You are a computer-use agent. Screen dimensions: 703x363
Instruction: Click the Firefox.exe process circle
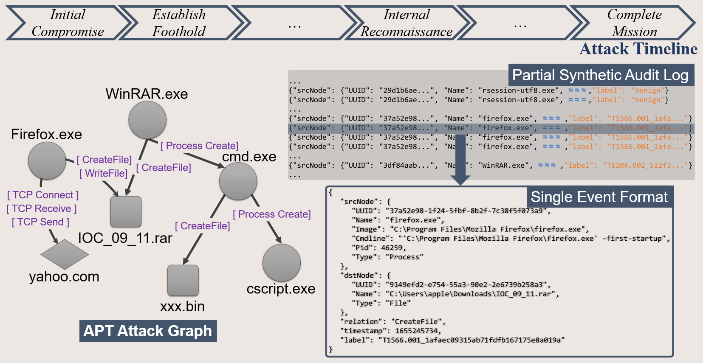47,160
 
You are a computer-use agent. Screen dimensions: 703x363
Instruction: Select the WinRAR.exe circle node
147,120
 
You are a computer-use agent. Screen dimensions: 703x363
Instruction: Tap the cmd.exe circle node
238,181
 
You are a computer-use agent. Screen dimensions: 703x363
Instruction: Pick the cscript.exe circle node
282,263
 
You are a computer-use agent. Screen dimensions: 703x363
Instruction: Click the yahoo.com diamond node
65,254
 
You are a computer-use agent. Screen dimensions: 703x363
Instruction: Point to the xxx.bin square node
183,281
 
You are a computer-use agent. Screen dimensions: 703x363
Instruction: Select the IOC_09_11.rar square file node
126,212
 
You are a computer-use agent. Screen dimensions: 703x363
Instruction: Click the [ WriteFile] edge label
103,173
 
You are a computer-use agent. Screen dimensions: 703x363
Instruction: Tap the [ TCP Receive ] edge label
42,208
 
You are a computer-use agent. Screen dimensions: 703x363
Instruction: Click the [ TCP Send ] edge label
40,222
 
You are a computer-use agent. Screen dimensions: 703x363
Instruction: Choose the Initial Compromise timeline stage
68,23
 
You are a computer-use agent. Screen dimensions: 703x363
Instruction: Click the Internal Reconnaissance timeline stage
407,23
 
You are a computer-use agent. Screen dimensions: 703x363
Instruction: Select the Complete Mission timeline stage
634,23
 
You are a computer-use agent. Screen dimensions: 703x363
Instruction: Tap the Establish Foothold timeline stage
179,23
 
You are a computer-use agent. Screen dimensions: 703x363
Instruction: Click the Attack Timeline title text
638,49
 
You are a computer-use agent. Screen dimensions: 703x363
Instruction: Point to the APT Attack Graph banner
148,331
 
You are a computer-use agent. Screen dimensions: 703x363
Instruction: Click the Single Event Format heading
599,197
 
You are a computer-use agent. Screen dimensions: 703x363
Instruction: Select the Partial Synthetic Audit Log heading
600,75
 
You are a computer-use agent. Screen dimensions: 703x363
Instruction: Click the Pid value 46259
391,248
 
